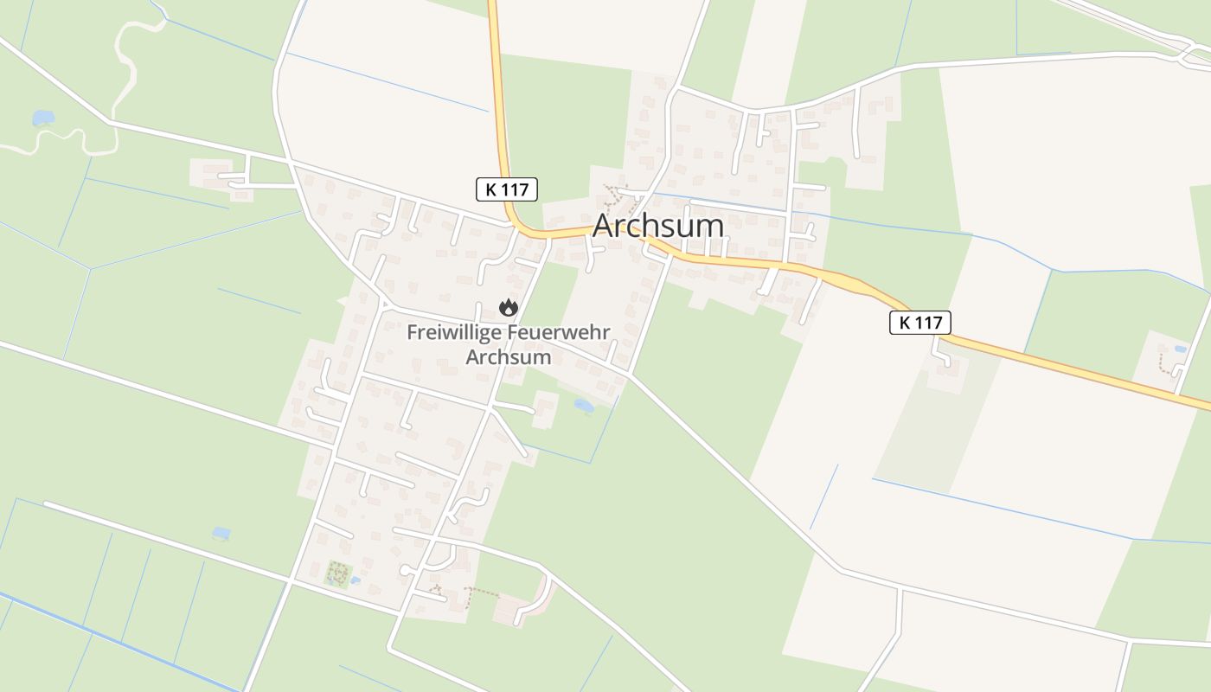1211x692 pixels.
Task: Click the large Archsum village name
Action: tap(658, 226)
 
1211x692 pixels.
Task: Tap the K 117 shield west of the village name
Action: tap(507, 189)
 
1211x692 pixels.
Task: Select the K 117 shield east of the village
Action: tap(920, 323)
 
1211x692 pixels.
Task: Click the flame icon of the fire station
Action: tap(509, 307)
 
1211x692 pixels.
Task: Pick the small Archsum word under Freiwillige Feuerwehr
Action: tap(509, 356)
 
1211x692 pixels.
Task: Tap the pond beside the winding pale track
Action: tap(42, 118)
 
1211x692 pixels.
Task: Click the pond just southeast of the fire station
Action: tap(584, 404)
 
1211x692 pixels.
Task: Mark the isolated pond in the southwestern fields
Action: tap(221, 533)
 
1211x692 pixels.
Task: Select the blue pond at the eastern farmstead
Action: tap(1181, 349)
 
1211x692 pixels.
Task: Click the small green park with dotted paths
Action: tap(338, 573)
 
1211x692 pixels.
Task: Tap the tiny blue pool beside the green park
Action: tap(356, 580)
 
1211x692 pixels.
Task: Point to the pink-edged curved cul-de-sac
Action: tap(541, 597)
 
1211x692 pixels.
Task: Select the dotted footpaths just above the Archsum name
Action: tap(616, 199)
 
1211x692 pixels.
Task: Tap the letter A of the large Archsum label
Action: tap(603, 227)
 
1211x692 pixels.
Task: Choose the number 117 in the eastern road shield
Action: tap(928, 323)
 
